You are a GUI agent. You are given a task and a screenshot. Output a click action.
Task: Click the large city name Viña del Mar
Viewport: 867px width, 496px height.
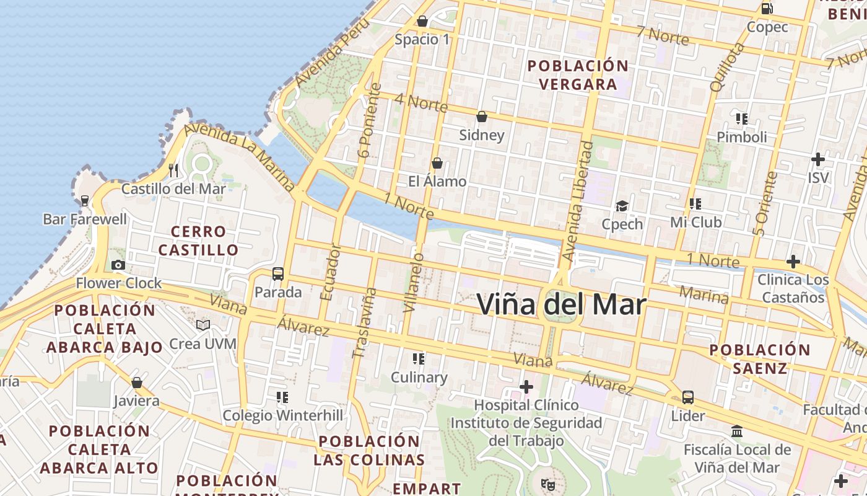(561, 304)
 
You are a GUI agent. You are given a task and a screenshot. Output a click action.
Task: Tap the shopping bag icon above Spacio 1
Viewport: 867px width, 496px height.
(422, 21)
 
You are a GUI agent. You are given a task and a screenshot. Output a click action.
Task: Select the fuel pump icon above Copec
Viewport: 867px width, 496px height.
(767, 8)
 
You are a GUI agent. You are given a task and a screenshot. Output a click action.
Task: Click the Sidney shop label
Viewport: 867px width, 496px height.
(481, 135)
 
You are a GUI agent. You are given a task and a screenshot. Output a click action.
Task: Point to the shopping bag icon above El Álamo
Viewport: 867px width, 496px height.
(437, 163)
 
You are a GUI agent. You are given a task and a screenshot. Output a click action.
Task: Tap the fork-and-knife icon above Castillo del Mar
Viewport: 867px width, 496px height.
(173, 170)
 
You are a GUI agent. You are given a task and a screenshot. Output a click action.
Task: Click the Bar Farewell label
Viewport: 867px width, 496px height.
(85, 219)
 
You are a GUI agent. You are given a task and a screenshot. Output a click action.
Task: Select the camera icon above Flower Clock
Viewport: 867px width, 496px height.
(118, 265)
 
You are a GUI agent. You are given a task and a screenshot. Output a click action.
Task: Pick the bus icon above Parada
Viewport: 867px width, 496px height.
(278, 273)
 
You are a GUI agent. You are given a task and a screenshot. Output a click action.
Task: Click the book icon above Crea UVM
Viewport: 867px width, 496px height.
(203, 325)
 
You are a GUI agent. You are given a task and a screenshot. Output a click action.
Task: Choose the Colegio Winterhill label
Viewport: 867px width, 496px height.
(282, 415)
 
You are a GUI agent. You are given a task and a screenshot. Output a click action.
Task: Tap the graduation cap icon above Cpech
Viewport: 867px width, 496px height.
(622, 206)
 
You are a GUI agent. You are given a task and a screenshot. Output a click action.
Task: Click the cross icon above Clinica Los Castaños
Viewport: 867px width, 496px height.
(793, 262)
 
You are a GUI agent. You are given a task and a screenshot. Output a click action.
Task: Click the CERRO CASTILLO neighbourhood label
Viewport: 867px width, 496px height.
(198, 241)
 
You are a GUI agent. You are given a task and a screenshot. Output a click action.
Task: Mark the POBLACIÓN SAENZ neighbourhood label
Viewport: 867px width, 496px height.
(760, 359)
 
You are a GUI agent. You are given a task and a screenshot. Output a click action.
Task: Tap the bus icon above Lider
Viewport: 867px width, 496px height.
(688, 397)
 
